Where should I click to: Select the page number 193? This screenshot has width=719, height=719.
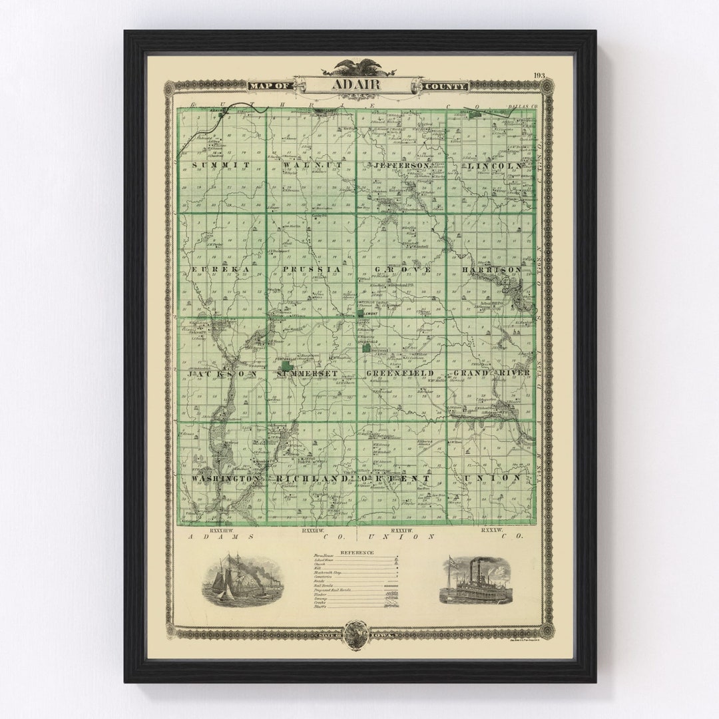pos(539,75)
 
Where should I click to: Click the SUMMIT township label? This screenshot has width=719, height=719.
pos(221,164)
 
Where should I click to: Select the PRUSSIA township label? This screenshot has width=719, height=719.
pos(312,269)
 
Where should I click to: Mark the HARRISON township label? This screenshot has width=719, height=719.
pos(493,269)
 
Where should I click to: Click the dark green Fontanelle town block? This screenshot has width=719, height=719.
pos(286,366)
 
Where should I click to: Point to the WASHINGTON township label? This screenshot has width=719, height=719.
pos(225,479)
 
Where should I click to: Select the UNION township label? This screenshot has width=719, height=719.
pos(493,478)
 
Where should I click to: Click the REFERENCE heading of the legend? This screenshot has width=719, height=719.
pos(357,553)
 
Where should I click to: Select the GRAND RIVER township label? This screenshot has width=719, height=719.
pos(491,373)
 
